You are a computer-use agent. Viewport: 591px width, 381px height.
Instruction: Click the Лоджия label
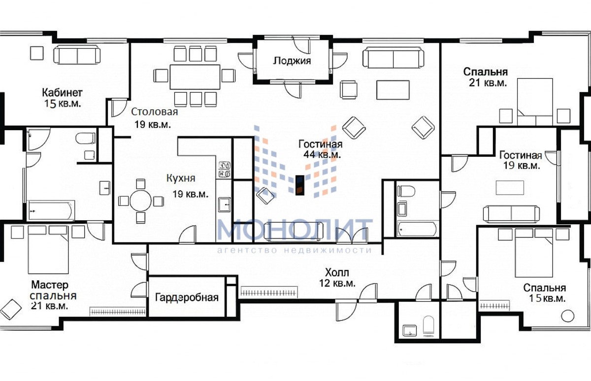point(292,61)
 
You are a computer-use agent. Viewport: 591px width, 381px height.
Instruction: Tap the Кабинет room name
point(62,93)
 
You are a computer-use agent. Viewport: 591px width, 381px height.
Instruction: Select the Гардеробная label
point(187,298)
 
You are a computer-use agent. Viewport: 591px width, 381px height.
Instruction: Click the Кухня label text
point(181,178)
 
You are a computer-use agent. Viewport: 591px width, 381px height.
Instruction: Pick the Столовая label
point(154,112)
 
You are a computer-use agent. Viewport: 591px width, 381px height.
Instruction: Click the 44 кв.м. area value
point(322,155)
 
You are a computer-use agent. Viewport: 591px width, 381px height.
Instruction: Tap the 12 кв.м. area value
point(337,283)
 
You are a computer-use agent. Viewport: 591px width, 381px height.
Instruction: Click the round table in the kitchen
point(141,202)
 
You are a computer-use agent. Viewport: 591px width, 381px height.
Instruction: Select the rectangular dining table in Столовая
point(195,77)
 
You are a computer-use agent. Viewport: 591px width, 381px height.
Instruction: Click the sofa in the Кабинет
point(77,55)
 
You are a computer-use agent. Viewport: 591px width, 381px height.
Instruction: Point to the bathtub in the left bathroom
point(51,210)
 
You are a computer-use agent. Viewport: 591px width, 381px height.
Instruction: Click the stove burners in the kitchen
point(225,170)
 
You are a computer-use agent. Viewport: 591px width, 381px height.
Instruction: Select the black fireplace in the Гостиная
point(300,185)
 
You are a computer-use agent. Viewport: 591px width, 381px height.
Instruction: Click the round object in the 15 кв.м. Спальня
point(567,316)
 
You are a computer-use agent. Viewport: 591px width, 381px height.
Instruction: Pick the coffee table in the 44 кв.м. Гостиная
point(393,90)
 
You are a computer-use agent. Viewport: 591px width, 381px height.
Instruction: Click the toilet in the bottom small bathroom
point(428,325)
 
